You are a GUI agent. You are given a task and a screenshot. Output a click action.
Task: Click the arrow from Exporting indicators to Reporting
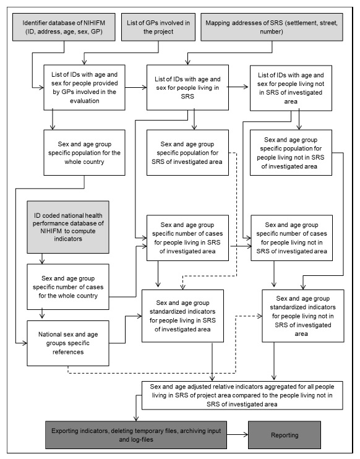236,436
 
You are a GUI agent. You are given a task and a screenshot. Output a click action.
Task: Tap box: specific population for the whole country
80,151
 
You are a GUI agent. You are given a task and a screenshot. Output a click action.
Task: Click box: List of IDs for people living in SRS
186,88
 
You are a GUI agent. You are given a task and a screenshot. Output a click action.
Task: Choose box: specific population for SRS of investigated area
186,151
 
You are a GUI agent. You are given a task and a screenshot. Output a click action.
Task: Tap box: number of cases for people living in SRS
186,236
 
